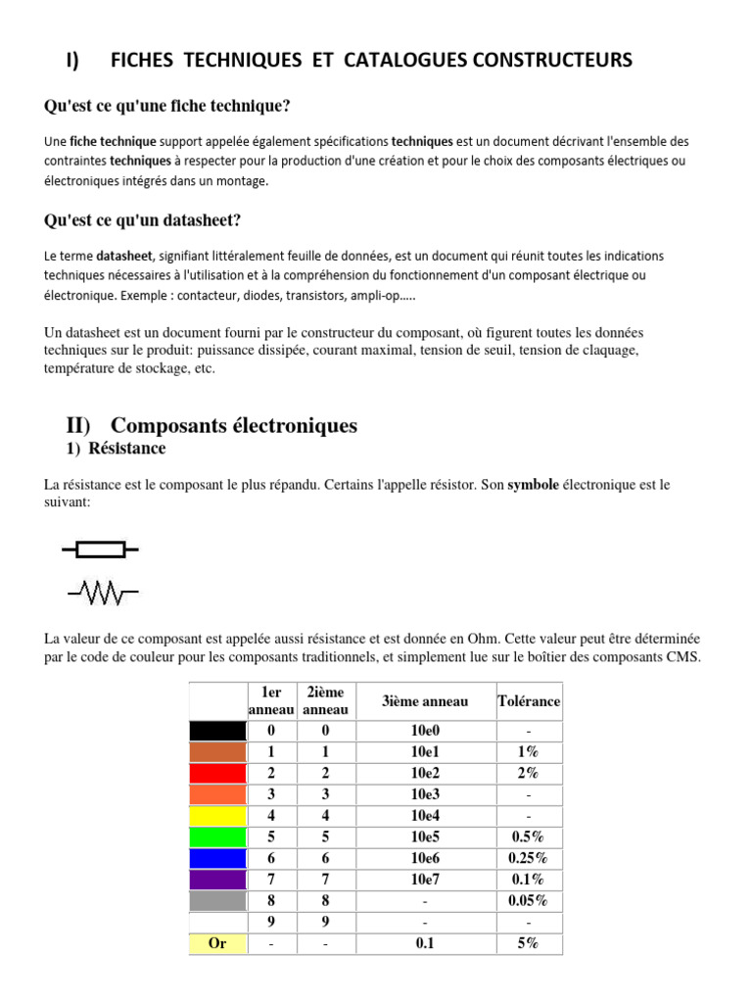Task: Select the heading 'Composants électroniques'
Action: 234,425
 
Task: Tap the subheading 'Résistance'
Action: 126,449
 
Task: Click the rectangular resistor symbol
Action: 101,549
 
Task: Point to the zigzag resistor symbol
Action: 103,592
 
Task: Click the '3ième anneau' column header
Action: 425,701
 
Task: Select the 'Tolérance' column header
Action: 529,701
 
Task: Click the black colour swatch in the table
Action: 217,731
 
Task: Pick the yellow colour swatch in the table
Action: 217,816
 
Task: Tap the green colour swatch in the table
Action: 217,837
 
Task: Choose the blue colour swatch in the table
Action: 217,858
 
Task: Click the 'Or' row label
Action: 217,944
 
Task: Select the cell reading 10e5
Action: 425,837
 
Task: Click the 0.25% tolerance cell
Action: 529,858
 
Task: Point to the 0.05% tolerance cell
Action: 529,901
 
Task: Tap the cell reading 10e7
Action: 425,880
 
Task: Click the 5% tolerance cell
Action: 529,944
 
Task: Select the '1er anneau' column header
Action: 271,701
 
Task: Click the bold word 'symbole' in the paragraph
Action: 534,485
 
